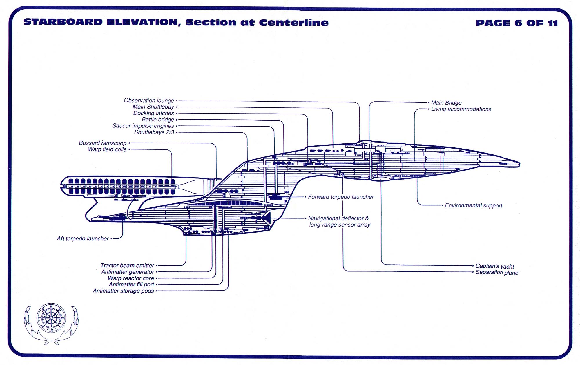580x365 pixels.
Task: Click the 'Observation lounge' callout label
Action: pyautogui.click(x=149, y=101)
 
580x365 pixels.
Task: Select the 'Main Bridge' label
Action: pyautogui.click(x=446, y=103)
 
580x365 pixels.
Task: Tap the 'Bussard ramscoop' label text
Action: pyautogui.click(x=103, y=143)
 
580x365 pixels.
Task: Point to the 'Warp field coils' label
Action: pyautogui.click(x=107, y=149)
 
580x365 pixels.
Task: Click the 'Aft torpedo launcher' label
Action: pyautogui.click(x=83, y=238)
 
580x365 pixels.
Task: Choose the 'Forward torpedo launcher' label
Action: pyautogui.click(x=341, y=197)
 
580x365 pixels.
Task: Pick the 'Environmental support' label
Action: pyautogui.click(x=473, y=205)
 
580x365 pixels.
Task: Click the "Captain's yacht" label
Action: pyautogui.click(x=494, y=266)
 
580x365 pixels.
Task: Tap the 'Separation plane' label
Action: pyautogui.click(x=496, y=273)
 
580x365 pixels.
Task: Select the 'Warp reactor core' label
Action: pyautogui.click(x=131, y=278)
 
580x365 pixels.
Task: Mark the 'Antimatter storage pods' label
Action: pyautogui.click(x=123, y=291)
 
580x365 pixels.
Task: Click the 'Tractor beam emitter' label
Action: pyautogui.click(x=127, y=265)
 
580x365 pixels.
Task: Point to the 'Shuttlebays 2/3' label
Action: pyautogui.click(x=154, y=132)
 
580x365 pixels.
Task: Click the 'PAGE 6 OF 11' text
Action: pyautogui.click(x=516, y=23)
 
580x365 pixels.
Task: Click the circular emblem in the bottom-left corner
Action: pyautogui.click(x=51, y=318)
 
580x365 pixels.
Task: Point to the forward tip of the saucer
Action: pyautogui.click(x=519, y=164)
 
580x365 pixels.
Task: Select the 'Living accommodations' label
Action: pyautogui.click(x=461, y=109)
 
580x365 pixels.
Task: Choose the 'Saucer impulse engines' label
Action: pyautogui.click(x=143, y=126)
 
